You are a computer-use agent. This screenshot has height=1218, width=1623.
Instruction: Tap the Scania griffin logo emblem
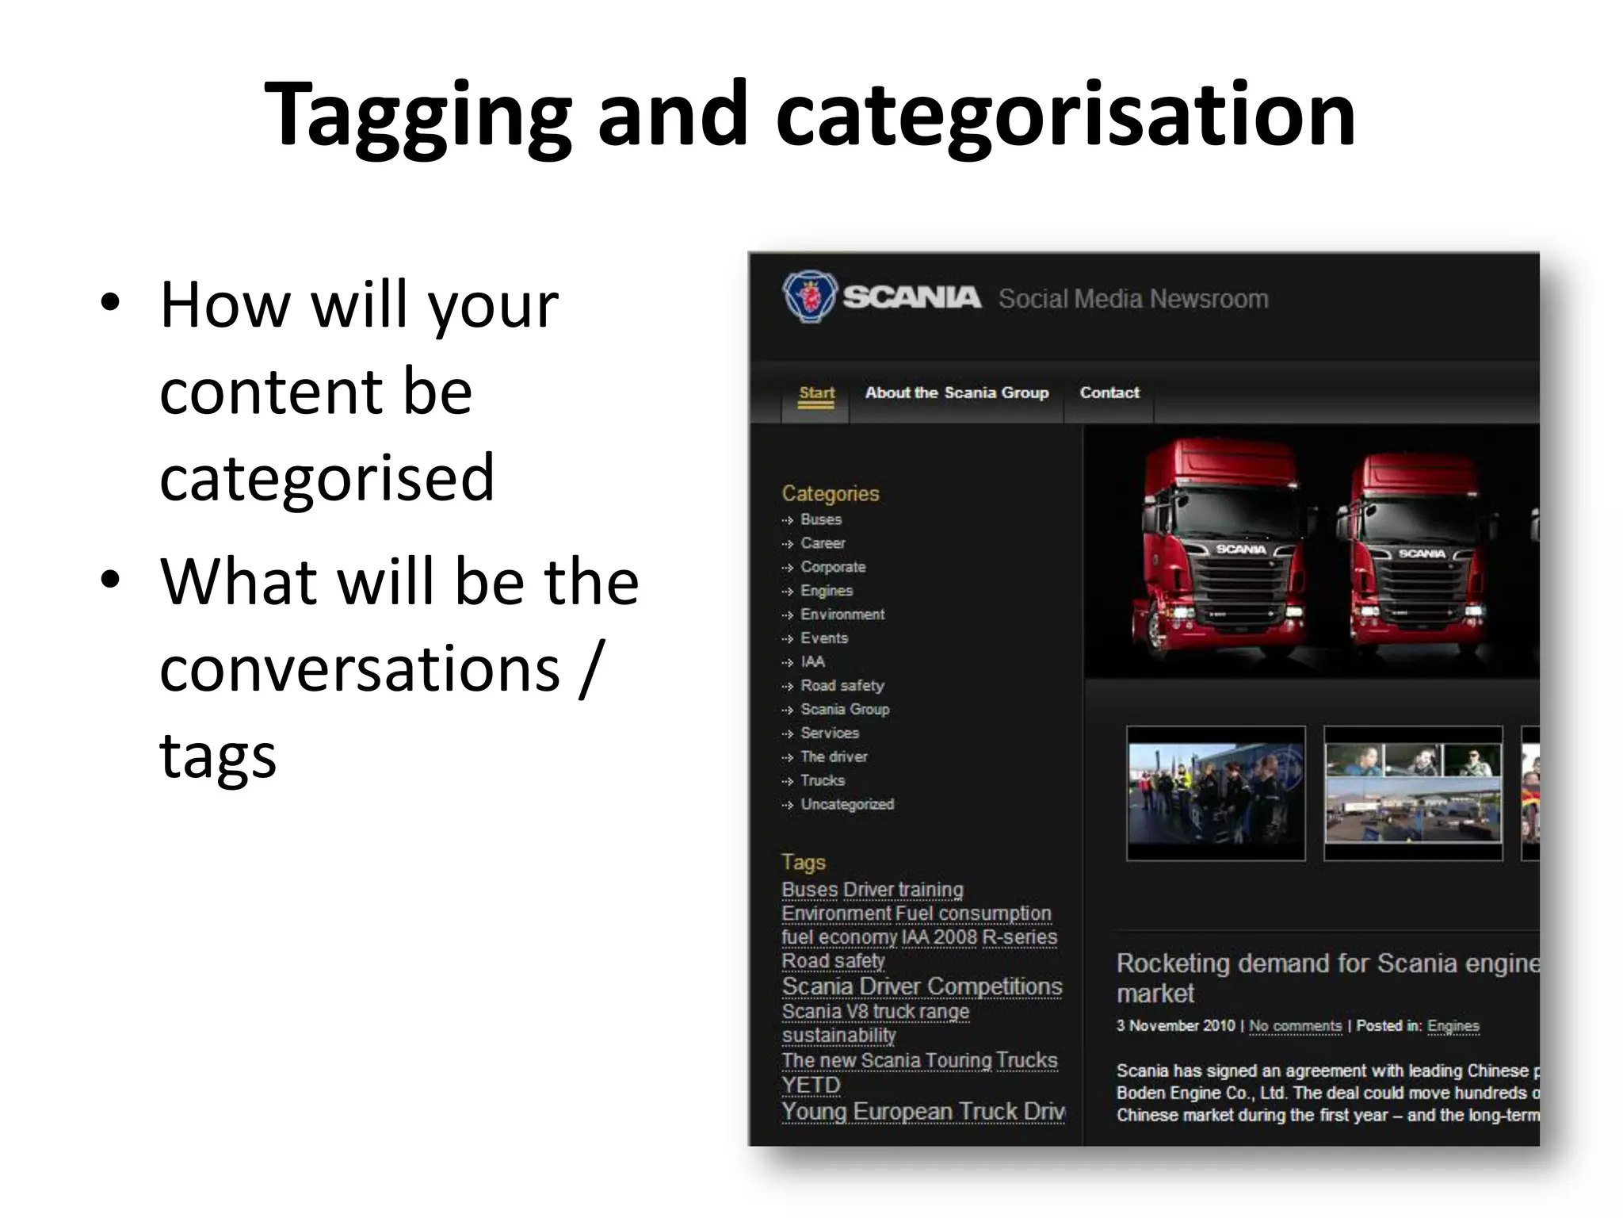(809, 297)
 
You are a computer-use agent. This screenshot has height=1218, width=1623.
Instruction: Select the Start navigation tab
(816, 393)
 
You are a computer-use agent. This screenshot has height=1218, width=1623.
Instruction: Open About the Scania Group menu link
(957, 393)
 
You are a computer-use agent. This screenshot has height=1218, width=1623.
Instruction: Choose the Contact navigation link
(1109, 393)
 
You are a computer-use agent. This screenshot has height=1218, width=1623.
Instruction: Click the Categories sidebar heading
(831, 493)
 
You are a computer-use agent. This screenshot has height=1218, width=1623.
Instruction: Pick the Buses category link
(820, 520)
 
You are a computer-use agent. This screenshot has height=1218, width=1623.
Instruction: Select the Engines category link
(826, 591)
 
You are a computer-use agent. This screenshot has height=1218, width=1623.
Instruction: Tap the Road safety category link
(842, 686)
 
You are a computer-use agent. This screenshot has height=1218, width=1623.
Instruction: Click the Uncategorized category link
(846, 805)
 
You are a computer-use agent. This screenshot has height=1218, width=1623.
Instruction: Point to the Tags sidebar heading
(804, 862)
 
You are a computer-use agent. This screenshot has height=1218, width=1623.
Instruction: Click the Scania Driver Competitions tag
(922, 986)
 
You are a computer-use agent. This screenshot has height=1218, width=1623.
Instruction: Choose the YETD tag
(811, 1085)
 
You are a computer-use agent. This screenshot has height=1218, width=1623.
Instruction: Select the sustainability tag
(838, 1036)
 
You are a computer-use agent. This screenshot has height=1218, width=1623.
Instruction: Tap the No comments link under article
(1295, 1026)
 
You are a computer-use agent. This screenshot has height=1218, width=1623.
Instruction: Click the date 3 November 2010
(1175, 1026)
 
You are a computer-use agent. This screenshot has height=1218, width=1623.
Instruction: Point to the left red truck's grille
(1240, 583)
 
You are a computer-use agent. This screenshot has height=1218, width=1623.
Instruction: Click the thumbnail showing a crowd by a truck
(1215, 793)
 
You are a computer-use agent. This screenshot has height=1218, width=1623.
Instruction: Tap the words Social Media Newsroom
(1133, 299)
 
